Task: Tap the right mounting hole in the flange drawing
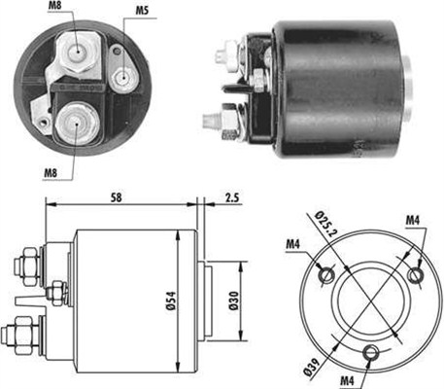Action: pos(417,277)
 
